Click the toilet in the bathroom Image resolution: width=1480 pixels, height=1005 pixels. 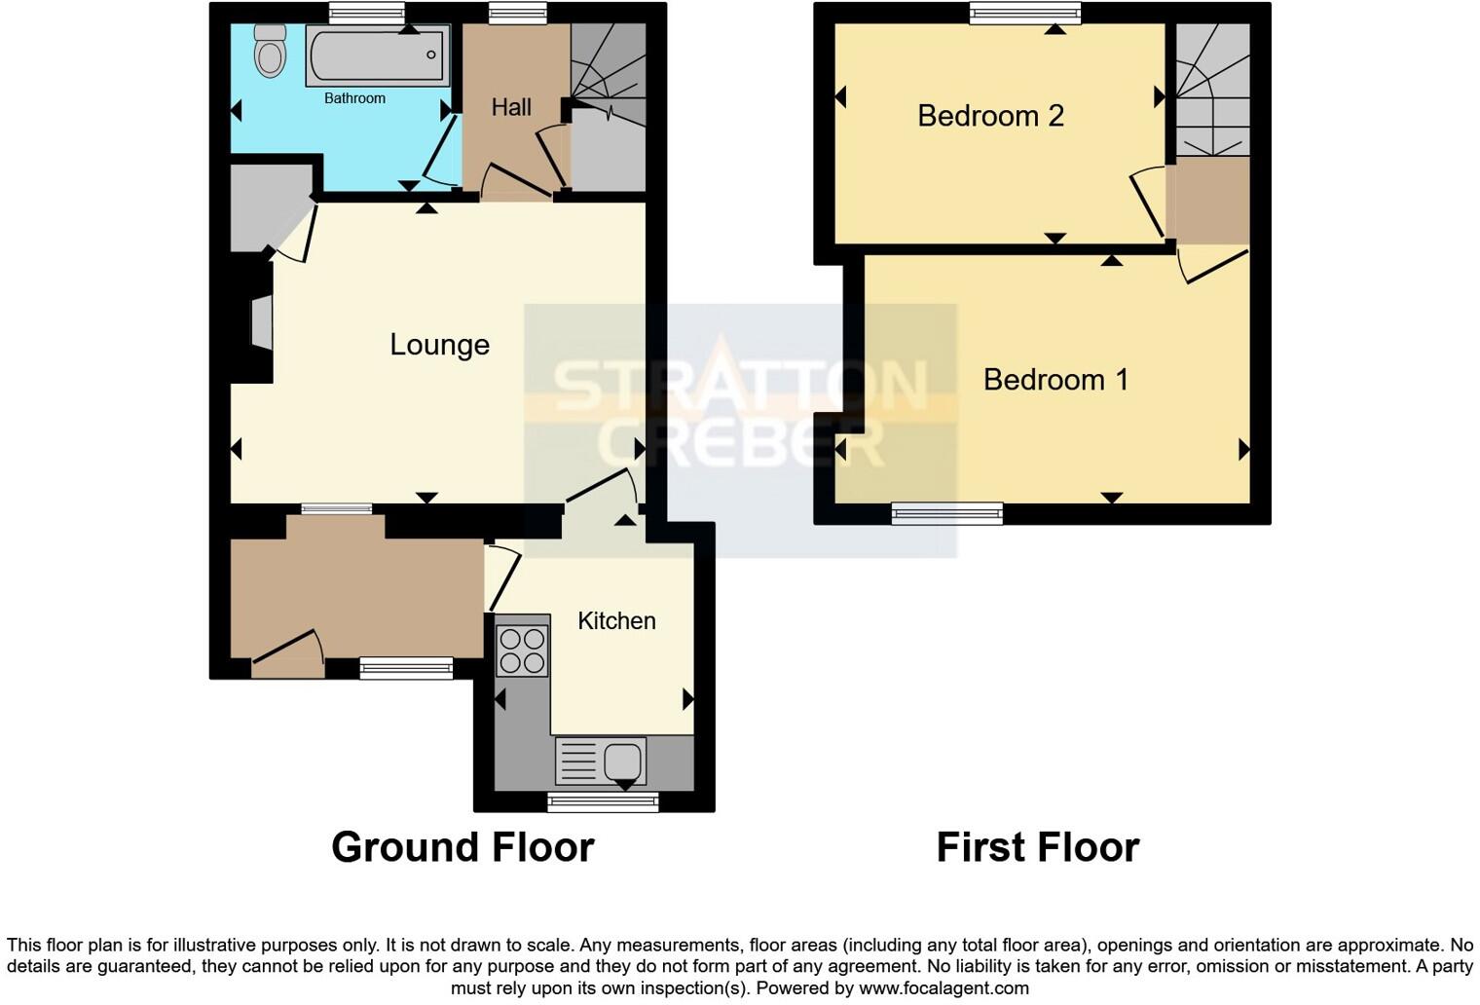(x=270, y=50)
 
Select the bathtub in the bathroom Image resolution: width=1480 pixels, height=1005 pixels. (x=378, y=56)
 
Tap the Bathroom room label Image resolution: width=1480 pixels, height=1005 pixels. (x=354, y=98)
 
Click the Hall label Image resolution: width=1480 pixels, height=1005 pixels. (x=511, y=107)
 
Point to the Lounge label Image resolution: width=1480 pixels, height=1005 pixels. (x=439, y=345)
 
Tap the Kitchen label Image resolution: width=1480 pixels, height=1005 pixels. (x=616, y=621)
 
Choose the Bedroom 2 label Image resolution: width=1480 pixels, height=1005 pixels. (x=990, y=116)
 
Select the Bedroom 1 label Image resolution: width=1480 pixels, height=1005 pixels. (x=1055, y=379)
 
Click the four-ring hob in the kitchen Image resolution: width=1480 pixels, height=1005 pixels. (x=522, y=651)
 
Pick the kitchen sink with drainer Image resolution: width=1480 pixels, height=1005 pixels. (x=600, y=761)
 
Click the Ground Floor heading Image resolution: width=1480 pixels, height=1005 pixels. (x=462, y=847)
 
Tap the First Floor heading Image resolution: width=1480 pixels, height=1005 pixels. (x=1037, y=847)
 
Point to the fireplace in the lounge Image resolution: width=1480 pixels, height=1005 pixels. (x=260, y=323)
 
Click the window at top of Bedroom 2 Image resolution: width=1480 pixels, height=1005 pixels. (x=1025, y=13)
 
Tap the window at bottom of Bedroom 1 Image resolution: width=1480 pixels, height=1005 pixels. (x=947, y=513)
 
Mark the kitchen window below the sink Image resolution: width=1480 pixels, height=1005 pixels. (x=603, y=802)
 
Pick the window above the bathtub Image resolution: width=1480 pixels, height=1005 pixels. (x=366, y=13)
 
